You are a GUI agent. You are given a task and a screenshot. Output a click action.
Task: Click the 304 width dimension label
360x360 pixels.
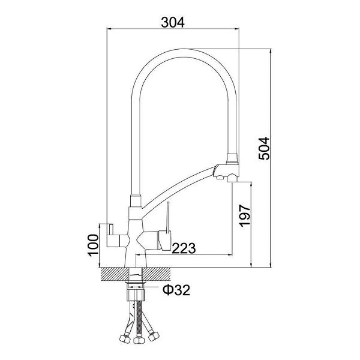(173, 23)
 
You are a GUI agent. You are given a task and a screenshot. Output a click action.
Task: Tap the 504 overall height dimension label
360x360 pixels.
(264, 148)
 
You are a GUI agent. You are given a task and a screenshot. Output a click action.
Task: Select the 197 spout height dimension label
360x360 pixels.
(245, 215)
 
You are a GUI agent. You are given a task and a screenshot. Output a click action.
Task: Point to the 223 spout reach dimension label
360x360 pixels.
(184, 248)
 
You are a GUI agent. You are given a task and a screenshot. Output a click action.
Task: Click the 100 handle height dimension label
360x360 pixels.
(93, 245)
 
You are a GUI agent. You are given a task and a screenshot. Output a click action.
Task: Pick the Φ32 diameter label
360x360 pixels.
(176, 290)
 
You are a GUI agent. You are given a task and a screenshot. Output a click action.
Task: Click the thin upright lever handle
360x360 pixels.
(168, 217)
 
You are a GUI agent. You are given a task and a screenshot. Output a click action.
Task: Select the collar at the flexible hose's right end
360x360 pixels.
(233, 158)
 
